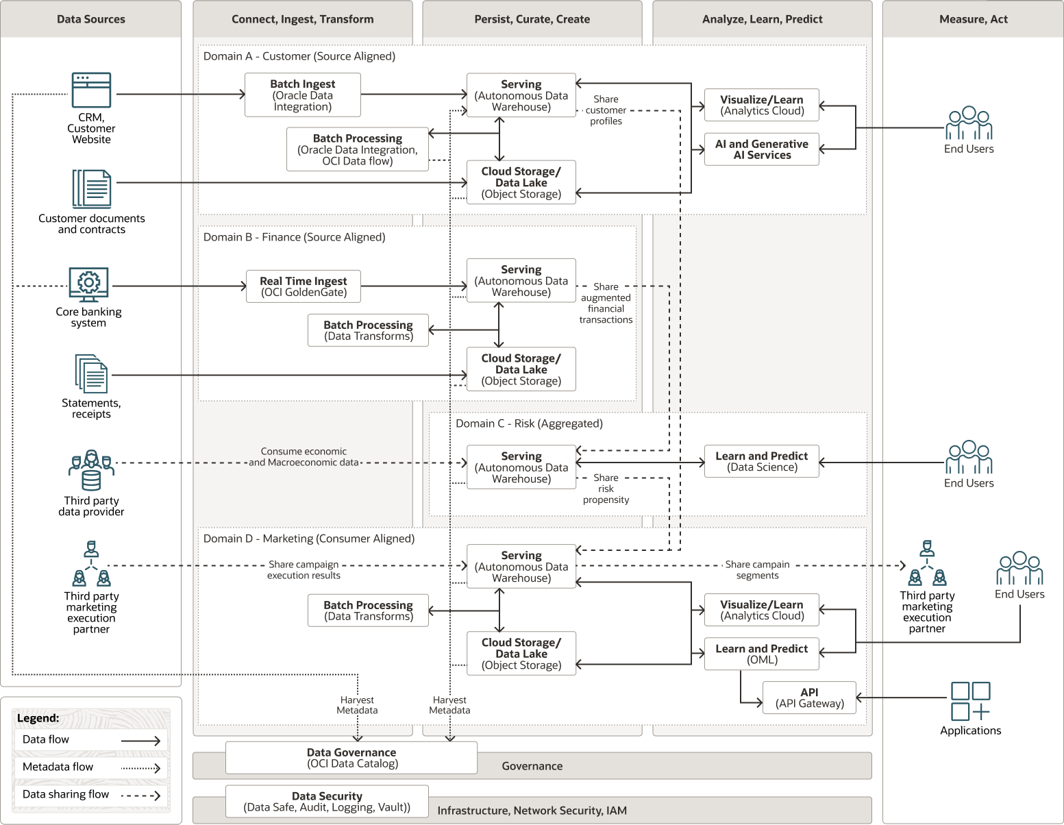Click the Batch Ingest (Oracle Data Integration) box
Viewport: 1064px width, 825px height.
(303, 95)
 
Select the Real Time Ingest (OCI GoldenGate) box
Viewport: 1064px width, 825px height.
(303, 286)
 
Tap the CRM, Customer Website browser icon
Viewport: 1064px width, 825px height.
(91, 90)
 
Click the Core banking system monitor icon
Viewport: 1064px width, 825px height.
(88, 284)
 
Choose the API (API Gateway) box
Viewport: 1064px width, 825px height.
(809, 698)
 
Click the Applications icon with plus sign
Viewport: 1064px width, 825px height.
(970, 701)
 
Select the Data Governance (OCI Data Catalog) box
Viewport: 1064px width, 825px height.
(351, 758)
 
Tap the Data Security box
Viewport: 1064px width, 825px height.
(327, 802)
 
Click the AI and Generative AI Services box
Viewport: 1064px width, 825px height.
(761, 149)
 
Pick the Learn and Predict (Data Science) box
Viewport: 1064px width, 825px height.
(761, 461)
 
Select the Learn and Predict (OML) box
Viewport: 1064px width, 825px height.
(761, 654)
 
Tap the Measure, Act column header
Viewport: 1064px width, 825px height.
(973, 19)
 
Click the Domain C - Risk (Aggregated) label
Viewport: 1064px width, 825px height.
(529, 423)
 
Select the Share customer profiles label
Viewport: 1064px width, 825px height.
(606, 110)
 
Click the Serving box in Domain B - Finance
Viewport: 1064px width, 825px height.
(521, 281)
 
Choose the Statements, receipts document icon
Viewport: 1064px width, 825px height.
(91, 373)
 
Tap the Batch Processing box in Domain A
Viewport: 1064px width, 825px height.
(357, 149)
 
